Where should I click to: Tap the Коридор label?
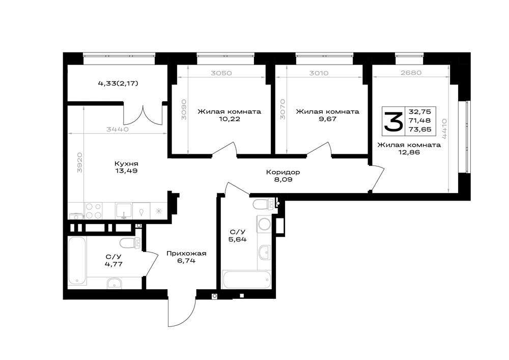click(282, 172)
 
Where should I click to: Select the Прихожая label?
click(186, 253)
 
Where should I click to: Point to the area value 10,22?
click(230, 119)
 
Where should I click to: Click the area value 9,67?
click(327, 119)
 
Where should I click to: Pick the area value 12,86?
click(409, 152)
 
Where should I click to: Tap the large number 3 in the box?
click(393, 121)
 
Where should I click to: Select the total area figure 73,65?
click(420, 129)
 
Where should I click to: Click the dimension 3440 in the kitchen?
click(118, 129)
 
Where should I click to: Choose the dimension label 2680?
click(411, 73)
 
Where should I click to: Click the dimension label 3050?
click(221, 73)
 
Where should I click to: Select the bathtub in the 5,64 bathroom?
click(246, 280)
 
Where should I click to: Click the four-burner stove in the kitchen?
click(93, 211)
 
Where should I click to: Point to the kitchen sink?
click(124, 211)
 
